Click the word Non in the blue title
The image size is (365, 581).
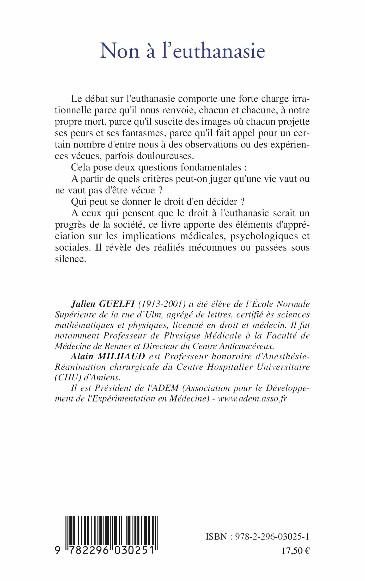pos(120,51)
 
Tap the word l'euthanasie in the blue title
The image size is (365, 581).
pos(214,51)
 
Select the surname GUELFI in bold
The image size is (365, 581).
pos(117,304)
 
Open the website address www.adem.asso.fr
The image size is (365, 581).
pos(252,398)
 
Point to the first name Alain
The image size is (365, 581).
pos(82,356)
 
